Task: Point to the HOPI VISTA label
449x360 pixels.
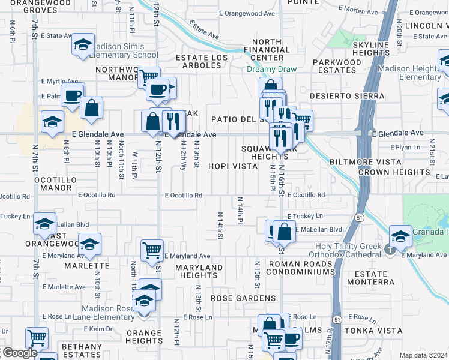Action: coord(233,166)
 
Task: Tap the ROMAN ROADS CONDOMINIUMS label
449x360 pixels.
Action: coord(301,268)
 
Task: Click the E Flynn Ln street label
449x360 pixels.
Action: coord(405,147)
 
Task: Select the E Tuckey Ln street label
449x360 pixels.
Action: coord(304,216)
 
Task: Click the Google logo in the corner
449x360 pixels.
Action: coord(19,353)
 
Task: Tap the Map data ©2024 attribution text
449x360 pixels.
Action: coord(424,355)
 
